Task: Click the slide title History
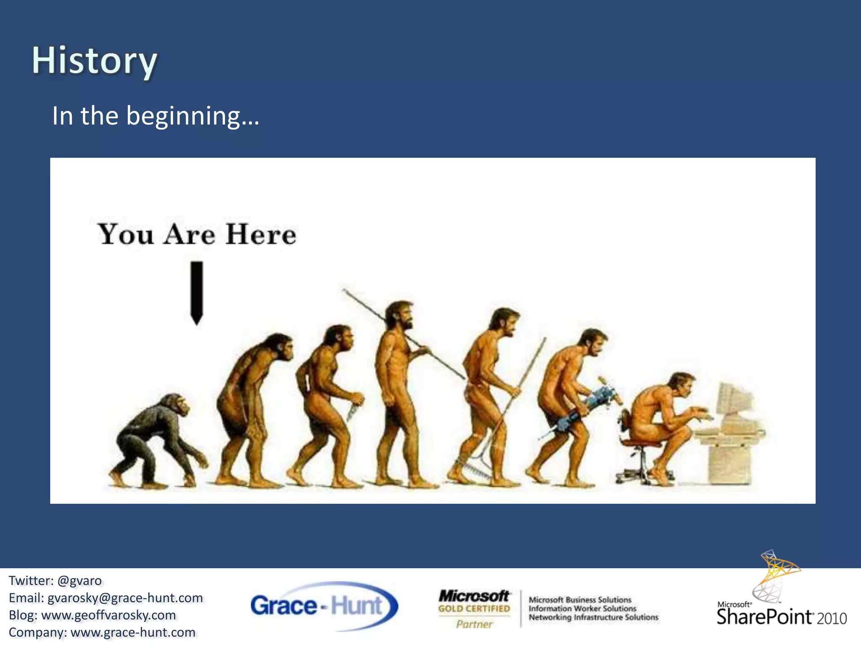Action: coord(95,61)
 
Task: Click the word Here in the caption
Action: coord(261,234)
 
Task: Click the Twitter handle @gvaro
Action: coord(79,581)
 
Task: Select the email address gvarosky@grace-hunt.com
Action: coord(125,598)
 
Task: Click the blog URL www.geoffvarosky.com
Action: coord(108,615)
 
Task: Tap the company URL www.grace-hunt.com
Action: coord(133,633)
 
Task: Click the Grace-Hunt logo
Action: coord(324,606)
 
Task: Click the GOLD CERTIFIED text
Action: coord(474,609)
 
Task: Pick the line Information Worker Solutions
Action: coord(582,609)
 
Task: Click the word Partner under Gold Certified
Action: coord(474,624)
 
